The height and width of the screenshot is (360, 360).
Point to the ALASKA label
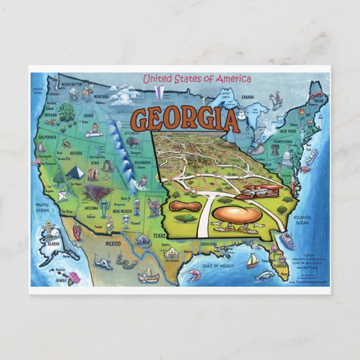click(x=54, y=244)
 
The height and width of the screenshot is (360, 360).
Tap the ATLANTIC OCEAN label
click(x=302, y=220)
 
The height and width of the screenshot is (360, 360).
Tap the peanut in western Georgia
click(x=185, y=207)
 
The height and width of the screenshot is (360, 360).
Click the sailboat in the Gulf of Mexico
click(x=253, y=260)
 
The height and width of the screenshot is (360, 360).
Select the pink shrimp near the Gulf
click(x=194, y=274)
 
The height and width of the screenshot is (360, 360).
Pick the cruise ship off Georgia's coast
click(x=287, y=241)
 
